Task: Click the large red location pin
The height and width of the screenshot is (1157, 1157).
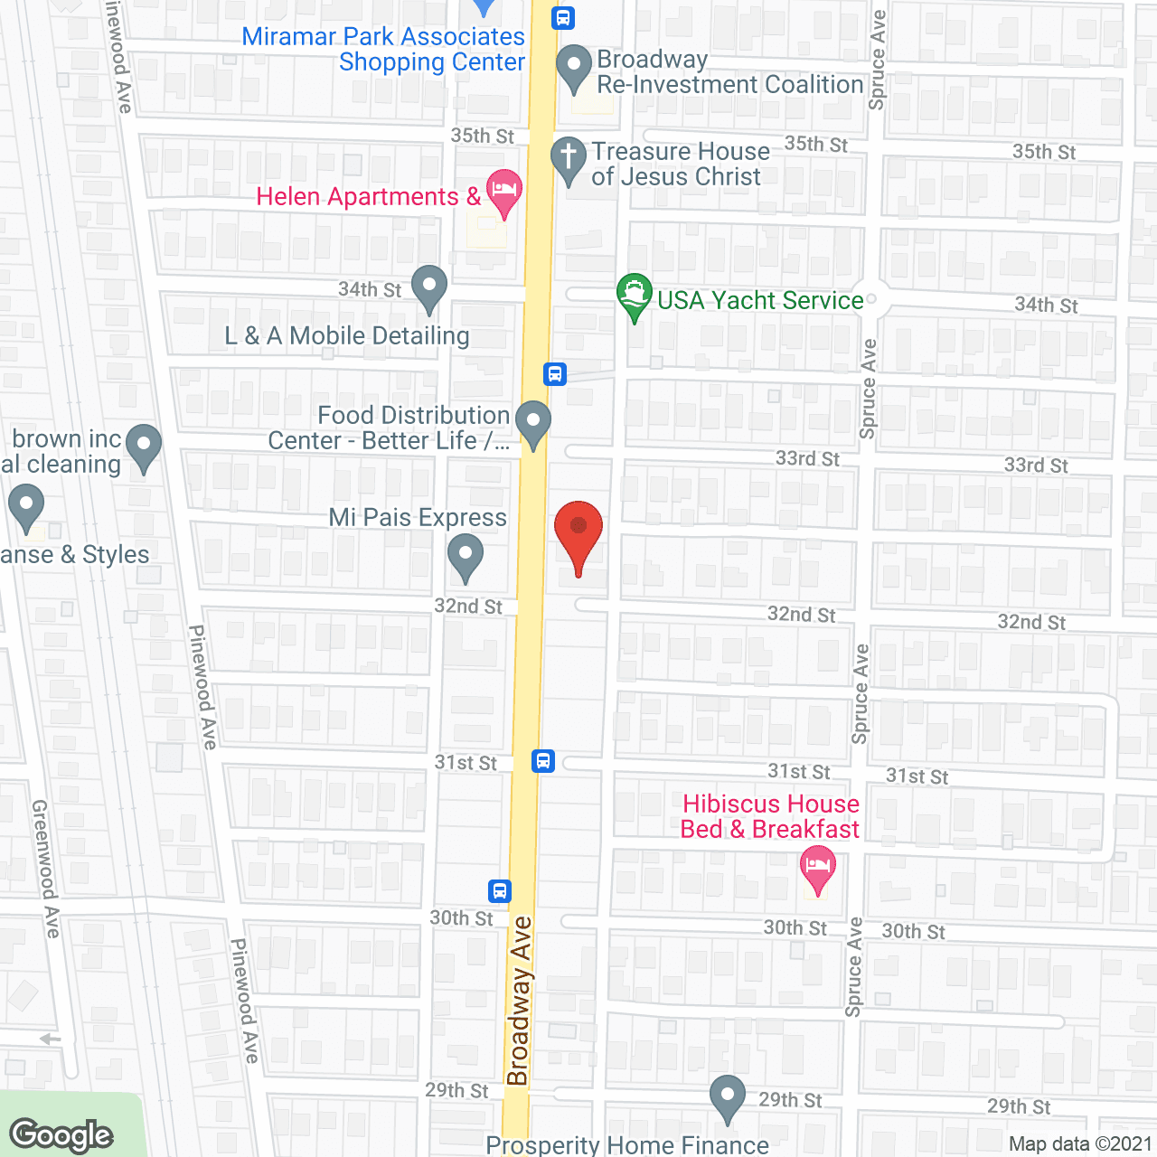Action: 578,533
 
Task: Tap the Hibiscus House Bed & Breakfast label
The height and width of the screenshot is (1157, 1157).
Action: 770,816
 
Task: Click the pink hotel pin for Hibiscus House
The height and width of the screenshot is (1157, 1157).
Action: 817,869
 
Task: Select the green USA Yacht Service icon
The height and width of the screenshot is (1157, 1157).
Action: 635,296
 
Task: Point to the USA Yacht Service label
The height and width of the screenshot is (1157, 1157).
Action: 760,300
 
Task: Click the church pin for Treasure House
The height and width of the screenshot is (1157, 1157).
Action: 569,160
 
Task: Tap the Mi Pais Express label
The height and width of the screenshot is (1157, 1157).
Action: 418,517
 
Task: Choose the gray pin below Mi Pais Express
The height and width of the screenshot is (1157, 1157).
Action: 465,557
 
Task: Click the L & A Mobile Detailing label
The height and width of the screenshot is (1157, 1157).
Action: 347,335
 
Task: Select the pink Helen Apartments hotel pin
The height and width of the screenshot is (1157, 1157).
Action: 503,193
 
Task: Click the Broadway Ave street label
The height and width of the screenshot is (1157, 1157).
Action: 519,1001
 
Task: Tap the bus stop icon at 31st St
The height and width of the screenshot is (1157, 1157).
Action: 543,760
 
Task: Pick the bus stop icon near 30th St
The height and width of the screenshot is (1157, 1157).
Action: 500,891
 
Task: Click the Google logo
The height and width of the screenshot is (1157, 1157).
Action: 61,1135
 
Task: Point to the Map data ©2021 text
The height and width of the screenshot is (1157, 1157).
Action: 1080,1143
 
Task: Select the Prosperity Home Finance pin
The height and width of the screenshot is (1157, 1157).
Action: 727,1097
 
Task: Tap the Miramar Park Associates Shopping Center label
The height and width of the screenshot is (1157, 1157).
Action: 384,49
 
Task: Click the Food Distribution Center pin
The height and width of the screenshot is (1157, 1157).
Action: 533,423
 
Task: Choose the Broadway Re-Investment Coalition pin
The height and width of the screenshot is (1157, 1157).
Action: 573,69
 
